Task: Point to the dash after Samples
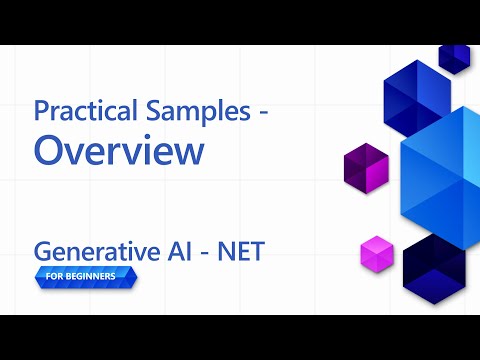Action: pyautogui.click(x=263, y=114)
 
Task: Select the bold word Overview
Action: pyautogui.click(x=119, y=151)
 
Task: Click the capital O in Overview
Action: pyautogui.click(x=51, y=151)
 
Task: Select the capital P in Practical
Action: pyautogui.click(x=42, y=112)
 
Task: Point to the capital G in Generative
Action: pyautogui.click(x=44, y=251)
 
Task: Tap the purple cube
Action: pyautogui.click(x=365, y=168)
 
